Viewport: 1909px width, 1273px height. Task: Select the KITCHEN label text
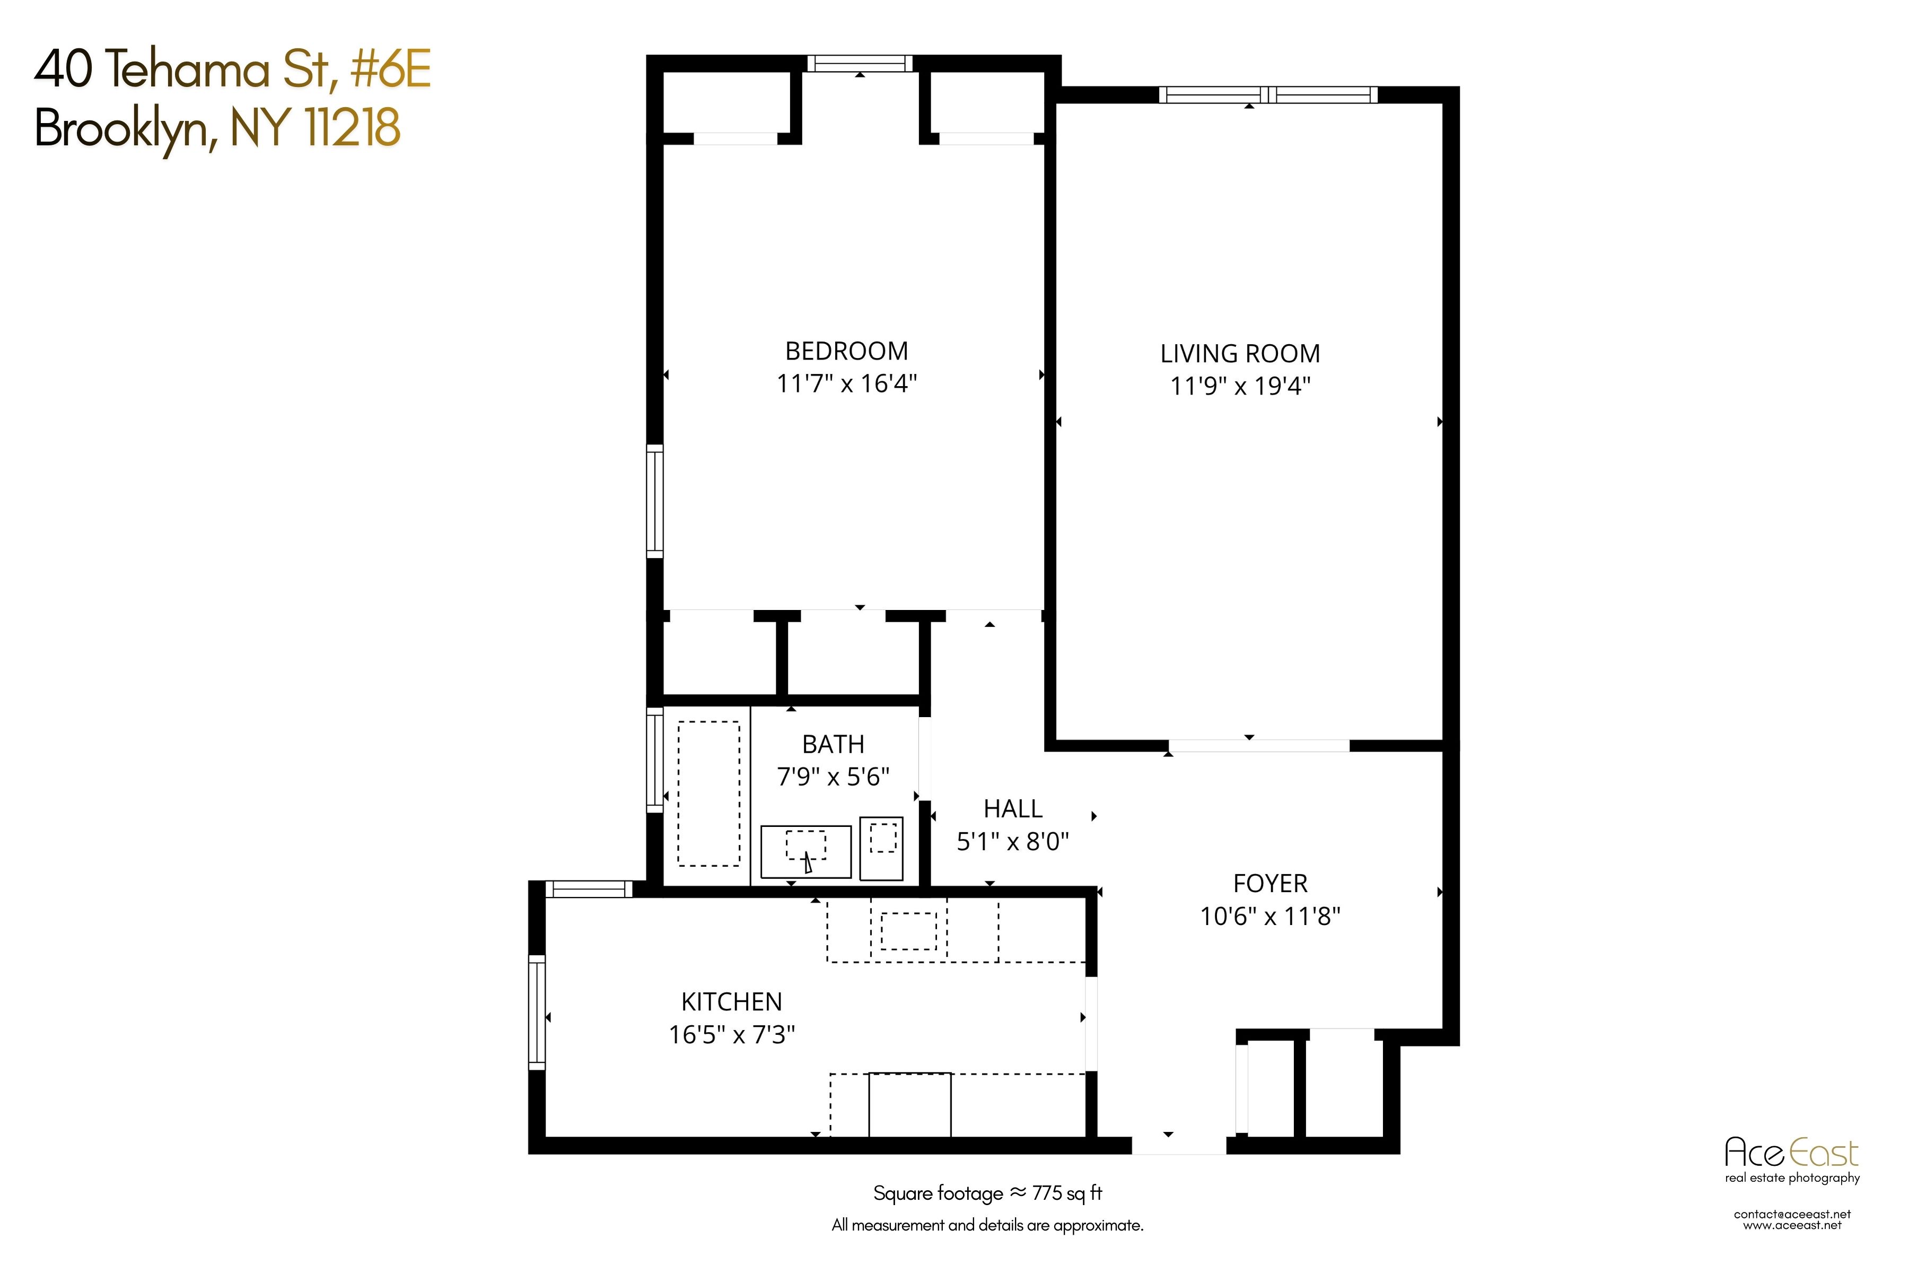pyautogui.click(x=731, y=1002)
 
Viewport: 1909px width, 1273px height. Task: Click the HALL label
pyautogui.click(x=1012, y=808)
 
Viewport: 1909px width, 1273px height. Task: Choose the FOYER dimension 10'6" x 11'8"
pyautogui.click(x=1269, y=917)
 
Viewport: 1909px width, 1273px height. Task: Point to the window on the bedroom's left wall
pyautogui.click(x=654, y=501)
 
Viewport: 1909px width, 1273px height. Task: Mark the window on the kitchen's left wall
pyautogui.click(x=537, y=1012)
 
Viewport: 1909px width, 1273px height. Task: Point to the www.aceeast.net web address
pyautogui.click(x=1792, y=1225)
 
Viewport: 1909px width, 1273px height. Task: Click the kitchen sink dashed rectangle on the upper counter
pyautogui.click(x=908, y=931)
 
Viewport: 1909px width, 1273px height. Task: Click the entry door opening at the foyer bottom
pyautogui.click(x=1178, y=1145)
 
